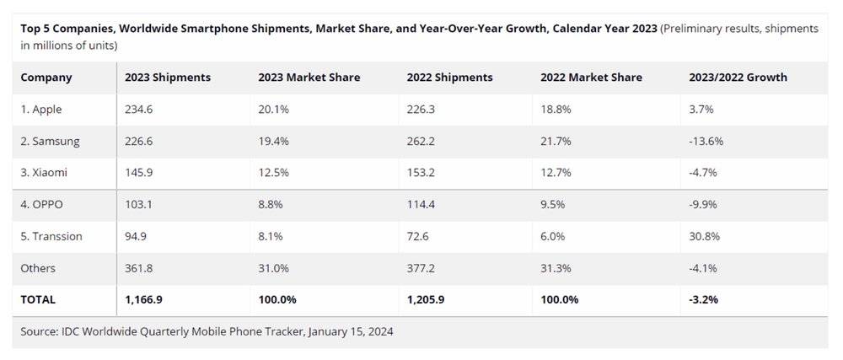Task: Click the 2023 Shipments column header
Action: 168,78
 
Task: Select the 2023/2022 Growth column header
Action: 738,78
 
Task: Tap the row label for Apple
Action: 41,110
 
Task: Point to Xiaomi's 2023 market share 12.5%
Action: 274,173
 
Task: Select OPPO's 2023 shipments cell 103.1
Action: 139,205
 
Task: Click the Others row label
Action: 38,268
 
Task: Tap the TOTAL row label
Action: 38,299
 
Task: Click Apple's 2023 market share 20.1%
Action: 274,110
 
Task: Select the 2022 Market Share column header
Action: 591,78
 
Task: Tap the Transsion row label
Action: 51,236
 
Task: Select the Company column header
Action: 46,78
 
